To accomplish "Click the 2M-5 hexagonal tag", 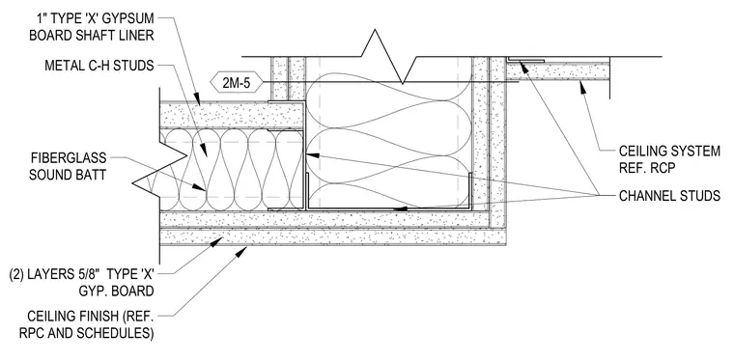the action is [x=236, y=83].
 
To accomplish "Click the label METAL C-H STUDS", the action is [x=99, y=66].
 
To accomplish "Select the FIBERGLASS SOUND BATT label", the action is [x=68, y=166].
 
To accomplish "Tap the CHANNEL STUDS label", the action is [x=669, y=195].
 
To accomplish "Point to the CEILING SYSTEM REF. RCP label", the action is [x=669, y=159].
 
